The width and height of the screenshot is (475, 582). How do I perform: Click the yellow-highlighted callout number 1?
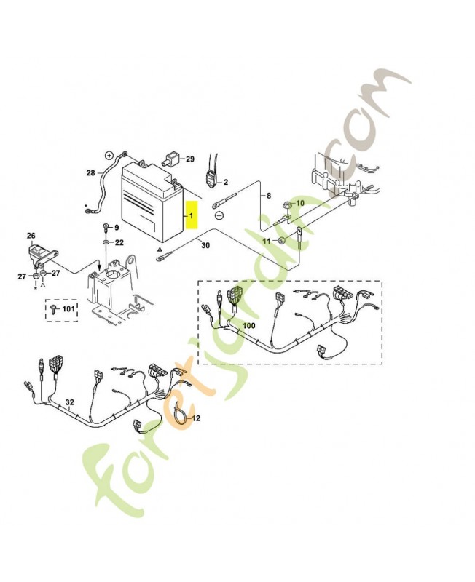click(x=192, y=216)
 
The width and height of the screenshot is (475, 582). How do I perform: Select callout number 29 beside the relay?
click(x=189, y=159)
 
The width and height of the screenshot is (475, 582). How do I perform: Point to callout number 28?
click(x=91, y=173)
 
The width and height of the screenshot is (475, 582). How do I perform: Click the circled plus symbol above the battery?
click(x=109, y=155)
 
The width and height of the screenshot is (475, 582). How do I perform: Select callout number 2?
click(x=225, y=182)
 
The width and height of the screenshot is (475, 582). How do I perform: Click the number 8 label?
click(x=267, y=196)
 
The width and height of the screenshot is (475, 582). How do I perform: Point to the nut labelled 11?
click(x=277, y=241)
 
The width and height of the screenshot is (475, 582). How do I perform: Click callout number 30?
click(x=205, y=246)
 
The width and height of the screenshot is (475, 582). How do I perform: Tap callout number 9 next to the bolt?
click(x=116, y=228)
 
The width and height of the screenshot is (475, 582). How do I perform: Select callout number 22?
click(x=119, y=242)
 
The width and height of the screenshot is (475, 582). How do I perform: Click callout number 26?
click(x=31, y=235)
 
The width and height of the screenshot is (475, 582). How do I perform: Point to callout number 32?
click(x=70, y=402)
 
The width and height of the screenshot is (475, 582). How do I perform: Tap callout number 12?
click(x=195, y=418)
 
